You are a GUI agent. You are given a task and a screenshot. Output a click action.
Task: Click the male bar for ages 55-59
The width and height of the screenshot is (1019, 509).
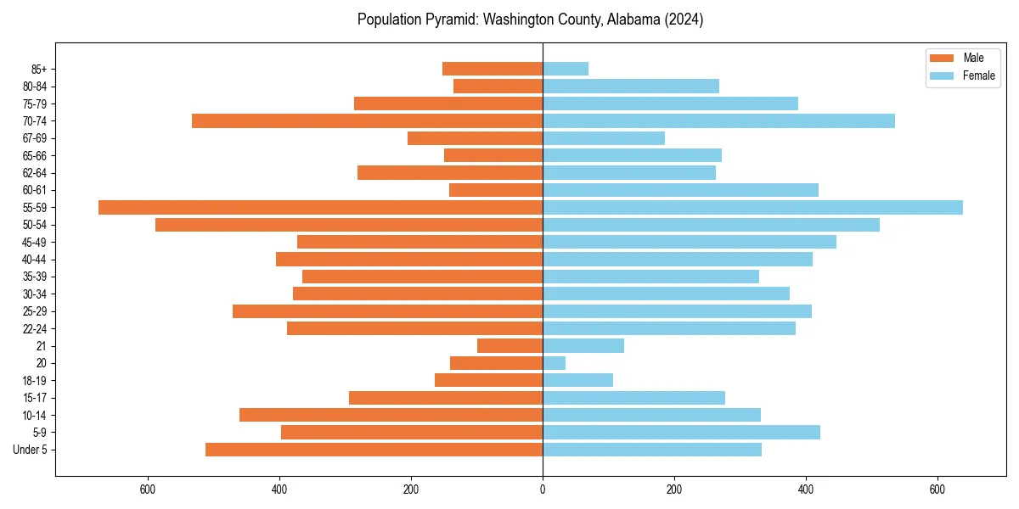pyautogui.click(x=320, y=207)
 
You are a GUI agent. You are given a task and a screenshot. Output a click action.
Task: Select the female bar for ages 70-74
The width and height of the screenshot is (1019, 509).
pyautogui.click(x=718, y=120)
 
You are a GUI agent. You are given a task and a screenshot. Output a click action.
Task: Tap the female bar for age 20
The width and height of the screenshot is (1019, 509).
pyautogui.click(x=555, y=363)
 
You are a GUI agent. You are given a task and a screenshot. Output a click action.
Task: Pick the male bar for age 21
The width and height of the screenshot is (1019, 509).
pyautogui.click(x=509, y=345)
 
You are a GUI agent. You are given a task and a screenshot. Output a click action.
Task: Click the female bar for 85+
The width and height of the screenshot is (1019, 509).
pyautogui.click(x=566, y=69)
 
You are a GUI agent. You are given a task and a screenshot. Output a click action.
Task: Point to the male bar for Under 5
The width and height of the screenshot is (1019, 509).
pyautogui.click(x=374, y=450)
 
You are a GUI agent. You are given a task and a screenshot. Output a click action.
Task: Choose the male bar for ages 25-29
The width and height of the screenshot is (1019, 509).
pyautogui.click(x=387, y=311)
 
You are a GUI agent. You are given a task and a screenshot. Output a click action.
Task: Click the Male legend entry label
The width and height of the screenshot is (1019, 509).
pyautogui.click(x=973, y=58)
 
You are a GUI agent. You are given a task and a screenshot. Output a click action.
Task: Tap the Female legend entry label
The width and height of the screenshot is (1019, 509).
pyautogui.click(x=978, y=76)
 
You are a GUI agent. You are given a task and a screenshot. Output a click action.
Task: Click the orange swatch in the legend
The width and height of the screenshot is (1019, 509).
pyautogui.click(x=942, y=58)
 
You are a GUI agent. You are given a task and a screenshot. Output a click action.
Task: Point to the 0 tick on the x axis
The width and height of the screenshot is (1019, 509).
pyautogui.click(x=543, y=489)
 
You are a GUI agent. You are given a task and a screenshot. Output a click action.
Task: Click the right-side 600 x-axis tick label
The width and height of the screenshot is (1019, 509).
pyautogui.click(x=937, y=489)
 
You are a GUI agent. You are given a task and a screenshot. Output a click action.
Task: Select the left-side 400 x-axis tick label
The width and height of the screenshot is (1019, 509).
pyautogui.click(x=279, y=489)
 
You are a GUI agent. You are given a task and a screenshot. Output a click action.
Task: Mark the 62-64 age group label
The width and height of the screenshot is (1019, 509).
pyautogui.click(x=35, y=173)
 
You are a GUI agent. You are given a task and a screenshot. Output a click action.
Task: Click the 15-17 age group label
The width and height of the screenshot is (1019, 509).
pyautogui.click(x=35, y=398)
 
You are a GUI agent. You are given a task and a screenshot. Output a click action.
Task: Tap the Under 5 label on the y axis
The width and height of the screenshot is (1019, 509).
pyautogui.click(x=31, y=450)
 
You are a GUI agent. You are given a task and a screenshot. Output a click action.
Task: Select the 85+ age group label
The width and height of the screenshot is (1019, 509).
pyautogui.click(x=39, y=69)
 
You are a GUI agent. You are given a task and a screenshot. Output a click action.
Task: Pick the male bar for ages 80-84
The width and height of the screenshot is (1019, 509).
pyautogui.click(x=498, y=86)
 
